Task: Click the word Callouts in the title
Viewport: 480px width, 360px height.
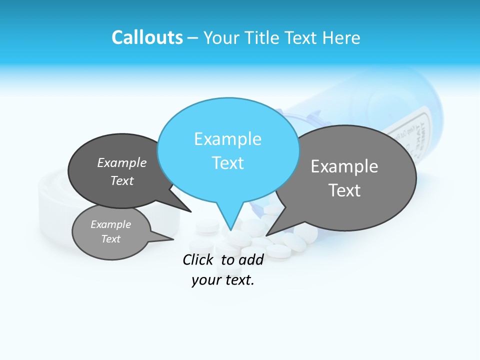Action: pyautogui.click(x=147, y=37)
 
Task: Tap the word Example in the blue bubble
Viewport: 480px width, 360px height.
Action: pyautogui.click(x=227, y=139)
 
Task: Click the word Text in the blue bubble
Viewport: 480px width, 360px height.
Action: pyautogui.click(x=227, y=163)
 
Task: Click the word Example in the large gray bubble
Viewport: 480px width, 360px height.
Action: pyautogui.click(x=344, y=166)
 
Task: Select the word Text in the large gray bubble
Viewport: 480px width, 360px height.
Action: pyautogui.click(x=344, y=190)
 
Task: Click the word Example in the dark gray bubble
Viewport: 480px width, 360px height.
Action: pyautogui.click(x=122, y=162)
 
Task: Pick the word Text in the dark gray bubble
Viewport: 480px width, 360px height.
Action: pyautogui.click(x=122, y=180)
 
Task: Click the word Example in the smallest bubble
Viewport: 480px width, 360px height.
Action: pyautogui.click(x=110, y=224)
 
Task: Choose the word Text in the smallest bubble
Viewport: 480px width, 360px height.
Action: pyautogui.click(x=110, y=239)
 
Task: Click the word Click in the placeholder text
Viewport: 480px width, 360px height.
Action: pyautogui.click(x=198, y=259)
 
